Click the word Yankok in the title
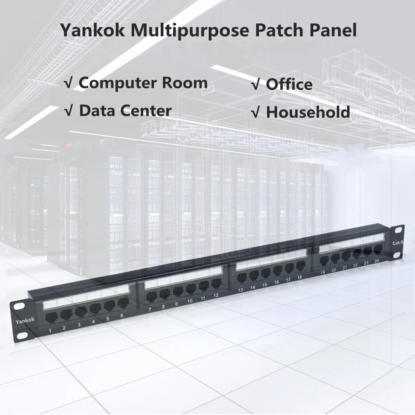[92, 30]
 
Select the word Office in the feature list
[289, 85]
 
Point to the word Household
[308, 112]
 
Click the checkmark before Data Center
[68, 111]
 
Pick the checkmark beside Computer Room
[68, 83]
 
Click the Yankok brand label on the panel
[25, 321]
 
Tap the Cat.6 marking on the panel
[398, 243]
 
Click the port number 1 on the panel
[50, 331]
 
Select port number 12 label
[216, 295]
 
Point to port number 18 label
[299, 277]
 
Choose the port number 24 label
[377, 261]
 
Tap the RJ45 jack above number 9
[178, 291]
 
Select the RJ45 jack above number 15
[266, 273]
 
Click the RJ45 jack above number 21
[346, 256]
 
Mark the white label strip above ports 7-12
[183, 277]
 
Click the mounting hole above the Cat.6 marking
[398, 230]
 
